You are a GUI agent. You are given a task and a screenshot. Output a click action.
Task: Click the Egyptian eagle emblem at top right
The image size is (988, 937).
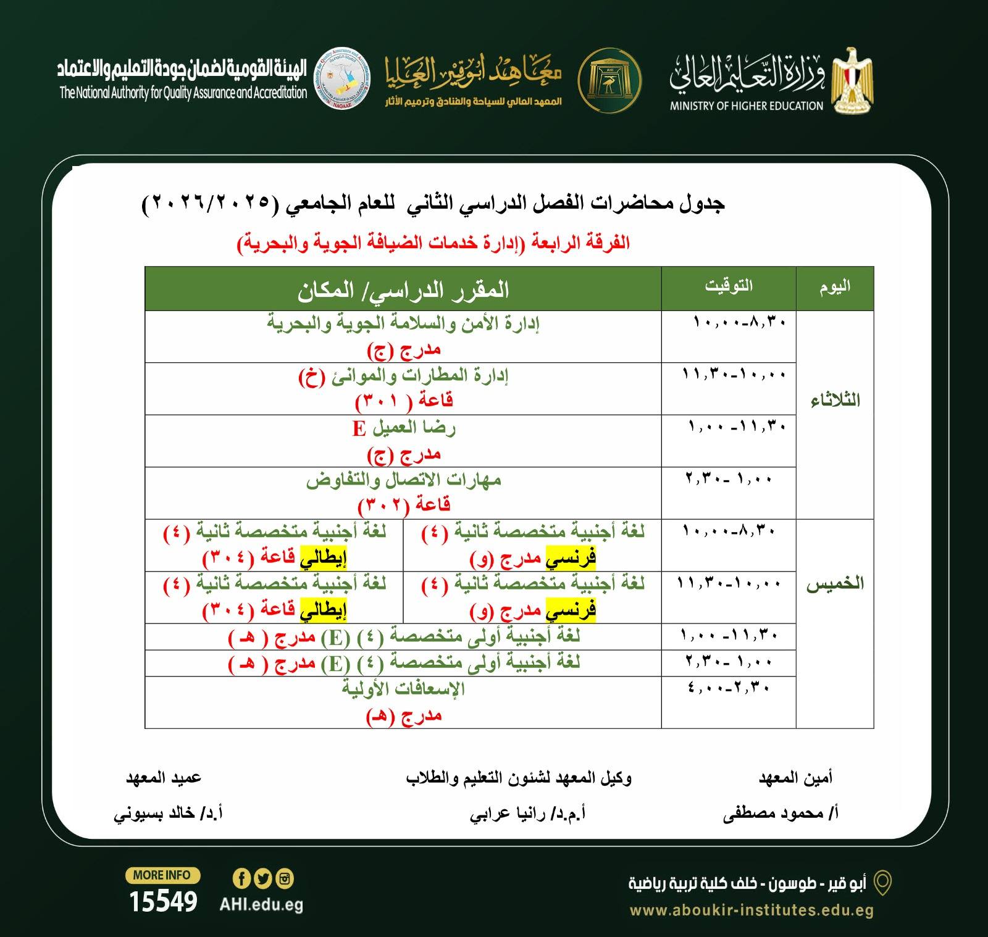[x=853, y=80]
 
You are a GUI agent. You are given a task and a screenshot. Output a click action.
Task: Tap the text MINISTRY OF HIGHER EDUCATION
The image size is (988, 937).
[x=747, y=106]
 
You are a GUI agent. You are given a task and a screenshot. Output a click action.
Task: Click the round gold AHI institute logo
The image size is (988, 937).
[x=609, y=80]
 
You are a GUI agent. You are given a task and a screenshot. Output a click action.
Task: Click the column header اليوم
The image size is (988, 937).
[x=835, y=286]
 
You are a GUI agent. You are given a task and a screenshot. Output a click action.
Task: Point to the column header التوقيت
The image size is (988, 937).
[x=729, y=286]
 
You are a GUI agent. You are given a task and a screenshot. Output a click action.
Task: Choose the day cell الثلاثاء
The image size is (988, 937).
[x=835, y=401]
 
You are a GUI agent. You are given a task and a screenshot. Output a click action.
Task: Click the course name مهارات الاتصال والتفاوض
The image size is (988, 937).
[x=403, y=480]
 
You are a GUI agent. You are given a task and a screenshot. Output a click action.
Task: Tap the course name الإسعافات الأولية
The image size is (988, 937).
[x=403, y=688]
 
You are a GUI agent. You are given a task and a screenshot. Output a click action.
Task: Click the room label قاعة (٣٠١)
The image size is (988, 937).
[x=404, y=401]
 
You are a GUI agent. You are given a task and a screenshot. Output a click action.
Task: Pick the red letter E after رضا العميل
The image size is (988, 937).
[x=359, y=428]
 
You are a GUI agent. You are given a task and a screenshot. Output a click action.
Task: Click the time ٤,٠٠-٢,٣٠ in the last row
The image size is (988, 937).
[x=729, y=688]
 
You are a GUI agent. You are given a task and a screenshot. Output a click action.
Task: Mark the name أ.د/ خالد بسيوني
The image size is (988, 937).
[x=168, y=814]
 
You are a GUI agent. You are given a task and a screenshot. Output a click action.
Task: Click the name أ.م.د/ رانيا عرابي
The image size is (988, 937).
[x=528, y=814]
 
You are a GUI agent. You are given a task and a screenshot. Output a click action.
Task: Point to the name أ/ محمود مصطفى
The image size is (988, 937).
[x=781, y=814]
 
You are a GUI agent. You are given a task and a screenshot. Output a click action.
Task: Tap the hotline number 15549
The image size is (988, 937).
[x=163, y=902]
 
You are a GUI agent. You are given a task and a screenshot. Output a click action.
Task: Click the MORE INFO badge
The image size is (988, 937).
[x=162, y=875]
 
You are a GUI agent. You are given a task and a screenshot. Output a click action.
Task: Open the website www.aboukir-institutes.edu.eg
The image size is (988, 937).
[x=751, y=910]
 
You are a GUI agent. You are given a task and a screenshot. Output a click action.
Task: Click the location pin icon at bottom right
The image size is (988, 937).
[x=884, y=883]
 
